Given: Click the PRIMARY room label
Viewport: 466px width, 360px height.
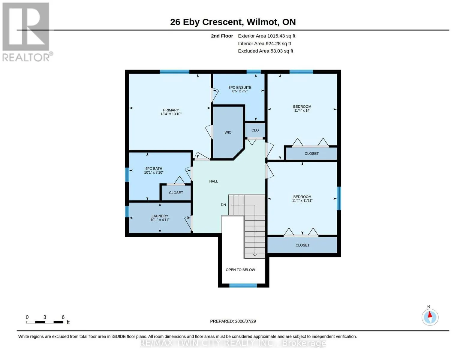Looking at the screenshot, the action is tap(171, 110).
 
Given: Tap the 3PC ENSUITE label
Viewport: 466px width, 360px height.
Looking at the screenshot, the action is tap(240, 88).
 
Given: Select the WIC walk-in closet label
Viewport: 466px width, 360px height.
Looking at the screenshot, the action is tap(228, 133).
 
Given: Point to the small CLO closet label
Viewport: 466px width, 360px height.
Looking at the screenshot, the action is tap(255, 130).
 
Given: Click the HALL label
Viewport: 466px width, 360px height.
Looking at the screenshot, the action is tap(214, 181).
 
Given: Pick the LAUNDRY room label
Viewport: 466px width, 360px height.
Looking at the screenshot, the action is tap(160, 216).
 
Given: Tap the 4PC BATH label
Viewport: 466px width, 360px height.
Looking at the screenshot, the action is tap(154, 169).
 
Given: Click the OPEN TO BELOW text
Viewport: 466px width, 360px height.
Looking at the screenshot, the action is tap(240, 270).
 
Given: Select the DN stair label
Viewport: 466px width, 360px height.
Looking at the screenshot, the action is tap(223, 205).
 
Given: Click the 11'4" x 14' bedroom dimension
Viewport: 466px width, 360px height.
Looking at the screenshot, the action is tap(302, 110).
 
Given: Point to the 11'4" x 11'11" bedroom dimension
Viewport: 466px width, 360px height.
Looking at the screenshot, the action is tap(302, 201).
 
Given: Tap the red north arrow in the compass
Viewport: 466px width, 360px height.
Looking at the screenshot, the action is tap(430, 314).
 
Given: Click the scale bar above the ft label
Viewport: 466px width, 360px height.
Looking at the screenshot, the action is tap(45, 322).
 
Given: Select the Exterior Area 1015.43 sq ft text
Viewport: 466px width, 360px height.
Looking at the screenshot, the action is tap(266, 36).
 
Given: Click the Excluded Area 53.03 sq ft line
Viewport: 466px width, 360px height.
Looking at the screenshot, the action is tap(266, 51).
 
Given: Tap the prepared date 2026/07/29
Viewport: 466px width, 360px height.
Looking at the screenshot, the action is tap(245, 321).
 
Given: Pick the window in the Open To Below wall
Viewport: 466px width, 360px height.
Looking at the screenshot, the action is tap(243, 285).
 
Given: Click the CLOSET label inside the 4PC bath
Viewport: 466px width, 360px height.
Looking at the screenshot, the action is tap(176, 193).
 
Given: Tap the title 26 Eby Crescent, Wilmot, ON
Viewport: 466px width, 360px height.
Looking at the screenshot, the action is tap(233, 22).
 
